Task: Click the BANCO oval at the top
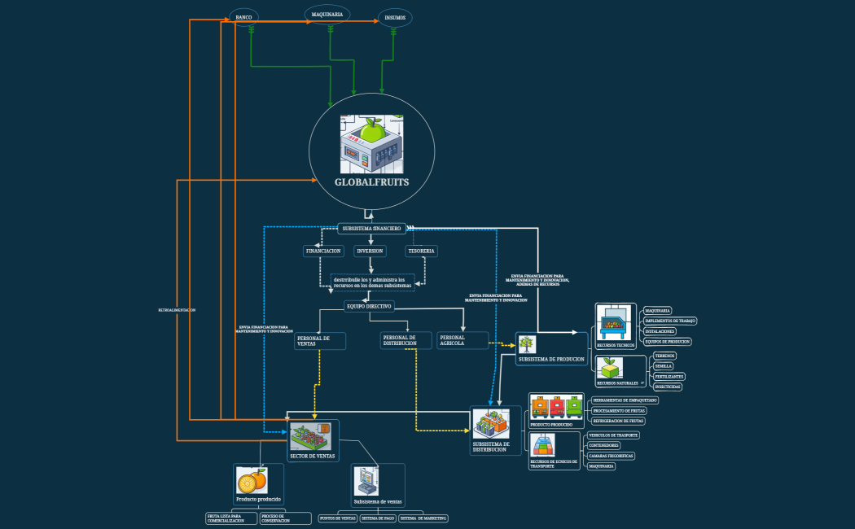pyautogui.click(x=243, y=17)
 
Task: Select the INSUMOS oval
pyautogui.click(x=395, y=18)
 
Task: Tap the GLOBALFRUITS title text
pyautogui.click(x=371, y=182)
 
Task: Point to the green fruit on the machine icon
pyautogui.click(x=372, y=129)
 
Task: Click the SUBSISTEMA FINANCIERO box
pyautogui.click(x=371, y=229)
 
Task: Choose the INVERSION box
pyautogui.click(x=370, y=251)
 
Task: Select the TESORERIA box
pyautogui.click(x=421, y=251)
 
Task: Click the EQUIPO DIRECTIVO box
pyautogui.click(x=370, y=307)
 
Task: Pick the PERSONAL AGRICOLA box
pyautogui.click(x=463, y=340)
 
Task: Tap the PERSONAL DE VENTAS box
pyautogui.click(x=319, y=340)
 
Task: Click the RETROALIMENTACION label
pyautogui.click(x=177, y=310)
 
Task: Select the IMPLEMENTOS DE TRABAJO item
pyautogui.click(x=670, y=321)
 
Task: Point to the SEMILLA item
pyautogui.click(x=664, y=366)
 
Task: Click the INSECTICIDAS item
pyautogui.click(x=668, y=387)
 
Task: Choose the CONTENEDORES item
pyautogui.click(x=603, y=445)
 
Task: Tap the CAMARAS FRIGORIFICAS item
pyautogui.click(x=611, y=456)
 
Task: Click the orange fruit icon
pyautogui.click(x=250, y=479)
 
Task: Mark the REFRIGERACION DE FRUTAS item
pyautogui.click(x=618, y=421)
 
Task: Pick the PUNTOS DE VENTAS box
pyautogui.click(x=337, y=518)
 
